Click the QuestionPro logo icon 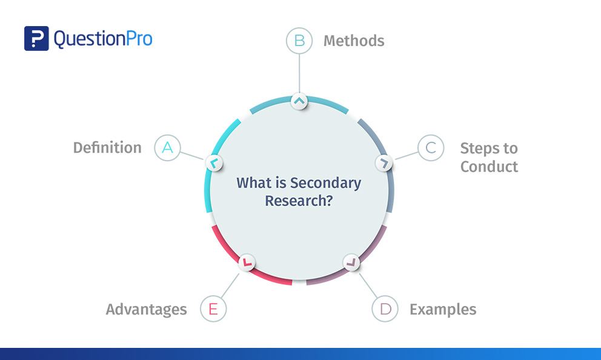click(x=36, y=38)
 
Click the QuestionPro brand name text click(x=103, y=39)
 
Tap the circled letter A click(x=167, y=147)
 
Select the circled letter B click(x=299, y=41)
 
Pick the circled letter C click(x=431, y=148)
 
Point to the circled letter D click(x=385, y=309)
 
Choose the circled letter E click(x=213, y=309)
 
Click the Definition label click(x=107, y=147)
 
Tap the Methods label click(x=354, y=41)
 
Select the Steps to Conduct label click(x=489, y=157)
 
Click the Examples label click(x=443, y=309)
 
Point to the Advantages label click(x=146, y=309)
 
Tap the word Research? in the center click(x=299, y=201)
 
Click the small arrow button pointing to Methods click(x=299, y=101)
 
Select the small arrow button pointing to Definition click(x=214, y=162)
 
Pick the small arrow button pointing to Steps click(x=384, y=162)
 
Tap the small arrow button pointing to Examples click(x=351, y=262)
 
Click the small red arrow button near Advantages click(x=247, y=262)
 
